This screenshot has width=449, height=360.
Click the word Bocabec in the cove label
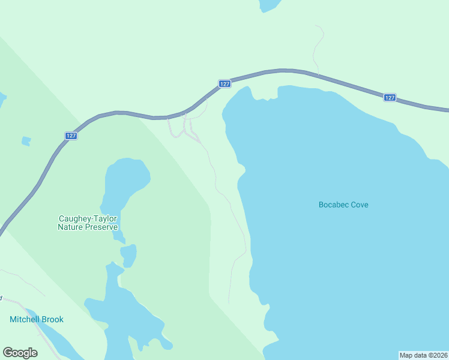tap(334, 205)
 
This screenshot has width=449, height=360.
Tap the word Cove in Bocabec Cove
tap(360, 205)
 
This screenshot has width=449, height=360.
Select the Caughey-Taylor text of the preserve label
tap(88, 219)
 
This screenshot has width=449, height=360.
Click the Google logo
tap(20, 353)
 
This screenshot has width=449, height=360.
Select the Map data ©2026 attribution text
tap(423, 355)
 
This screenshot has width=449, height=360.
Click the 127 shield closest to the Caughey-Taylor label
tap(71, 136)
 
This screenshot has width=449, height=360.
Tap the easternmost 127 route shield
tap(390, 97)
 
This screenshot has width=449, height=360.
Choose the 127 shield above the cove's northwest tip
tap(224, 84)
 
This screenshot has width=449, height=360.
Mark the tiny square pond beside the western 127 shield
tap(26, 142)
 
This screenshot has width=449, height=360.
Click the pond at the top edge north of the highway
tap(269, 5)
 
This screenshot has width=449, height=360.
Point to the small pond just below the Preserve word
tap(128, 256)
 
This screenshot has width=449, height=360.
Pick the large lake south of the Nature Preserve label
tap(120, 312)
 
